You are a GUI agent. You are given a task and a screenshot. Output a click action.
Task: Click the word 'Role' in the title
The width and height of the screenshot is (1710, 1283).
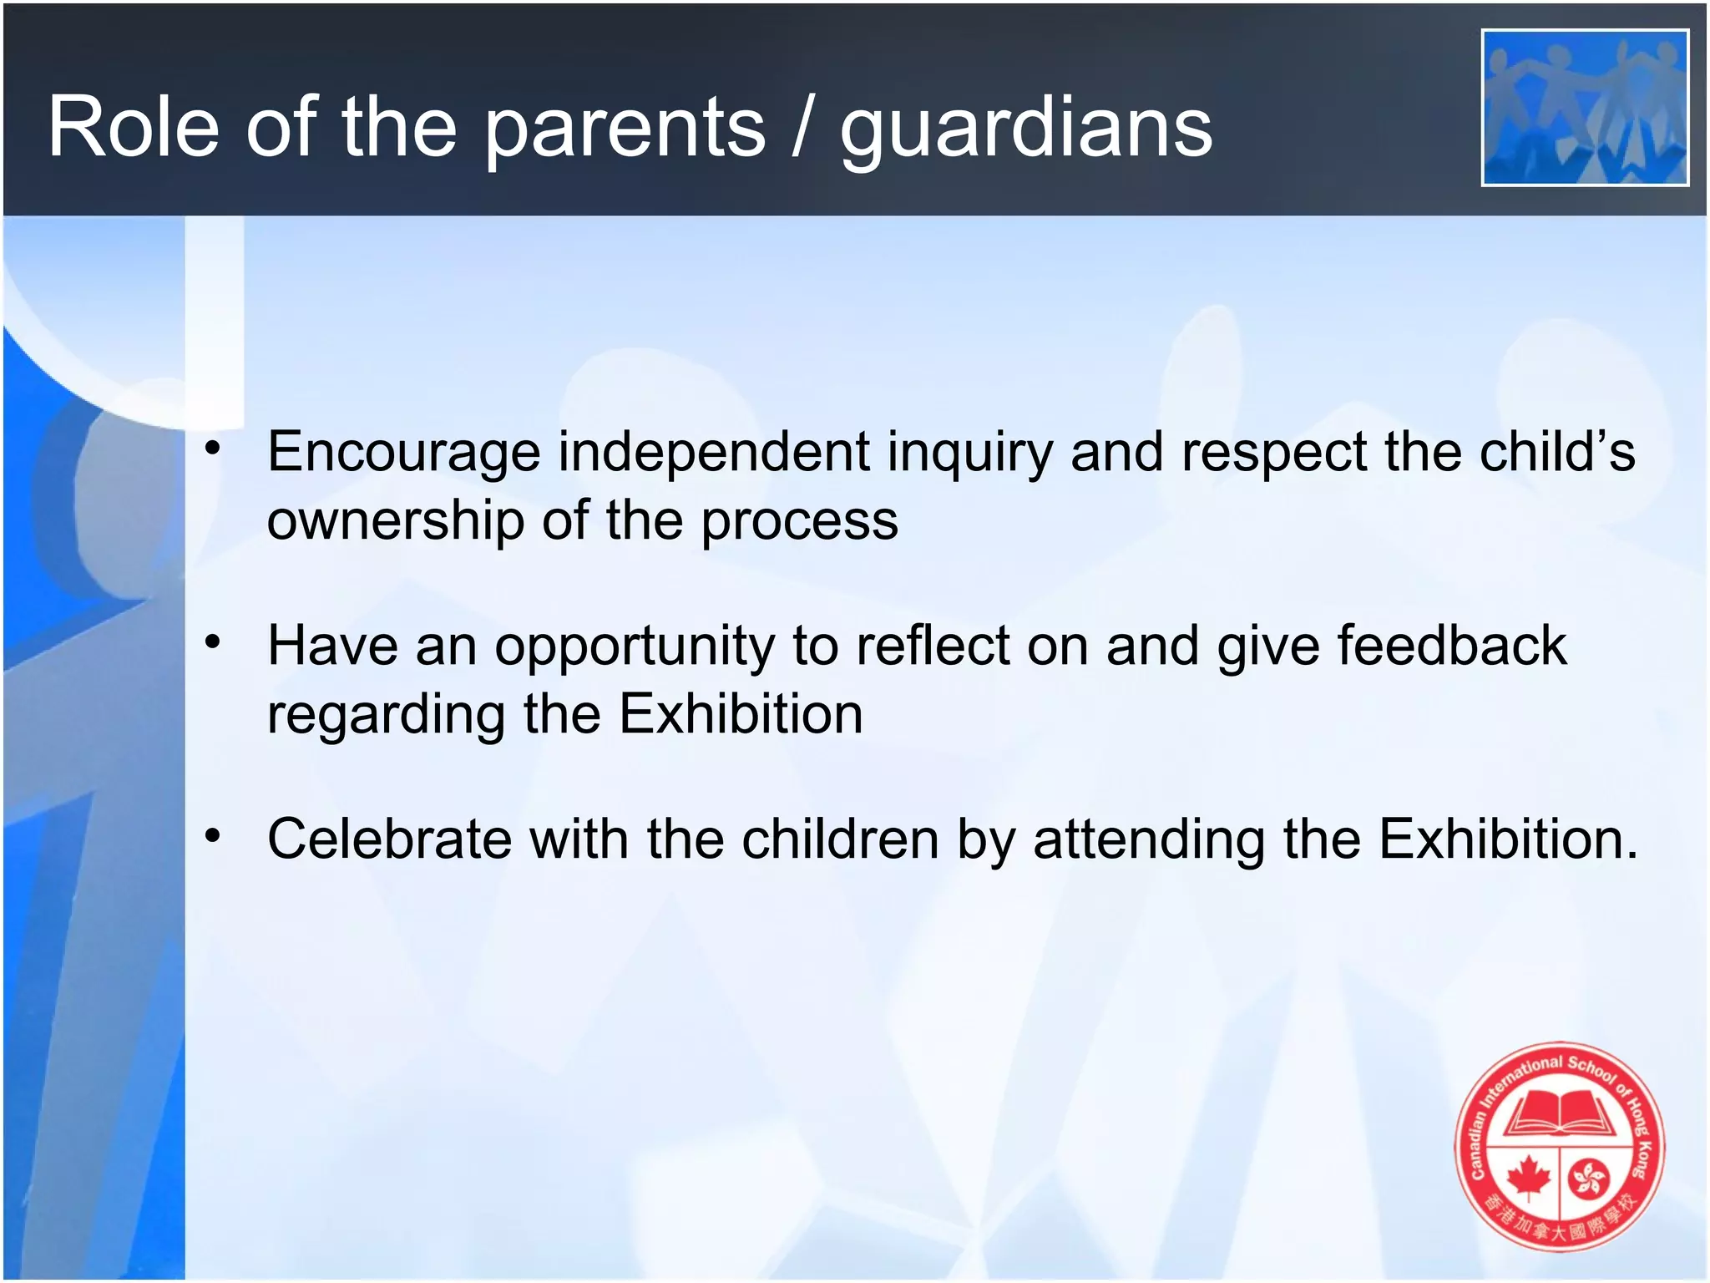[134, 127]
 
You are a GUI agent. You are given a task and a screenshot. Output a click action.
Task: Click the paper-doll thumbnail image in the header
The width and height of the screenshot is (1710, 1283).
[1585, 108]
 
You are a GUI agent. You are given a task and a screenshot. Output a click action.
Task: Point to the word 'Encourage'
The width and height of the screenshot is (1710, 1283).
[403, 454]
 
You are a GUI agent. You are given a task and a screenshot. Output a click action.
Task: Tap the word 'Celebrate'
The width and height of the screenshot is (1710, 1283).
[389, 839]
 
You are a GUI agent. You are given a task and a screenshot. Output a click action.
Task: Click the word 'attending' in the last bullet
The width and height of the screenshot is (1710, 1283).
[1149, 840]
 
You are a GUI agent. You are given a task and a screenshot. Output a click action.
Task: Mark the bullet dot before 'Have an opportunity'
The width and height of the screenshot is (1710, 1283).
[214, 641]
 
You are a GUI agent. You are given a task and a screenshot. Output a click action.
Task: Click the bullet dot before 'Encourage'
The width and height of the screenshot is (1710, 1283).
[214, 448]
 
